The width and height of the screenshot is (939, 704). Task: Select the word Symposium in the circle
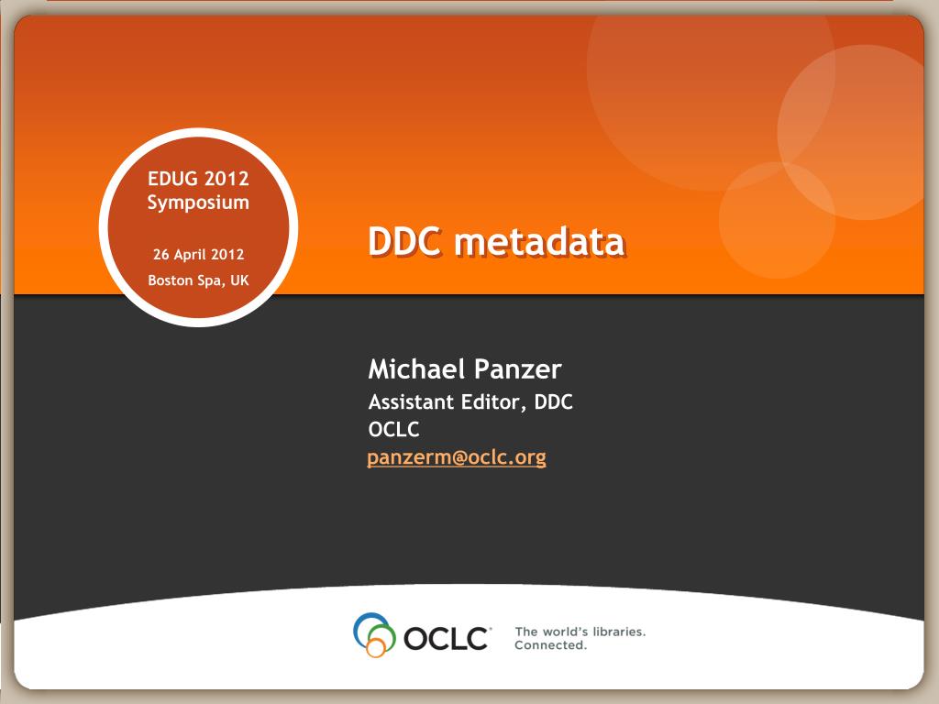pos(198,203)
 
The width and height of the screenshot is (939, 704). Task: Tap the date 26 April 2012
pos(198,255)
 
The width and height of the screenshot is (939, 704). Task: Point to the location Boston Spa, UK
pos(198,280)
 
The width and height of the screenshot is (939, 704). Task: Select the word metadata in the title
pos(539,241)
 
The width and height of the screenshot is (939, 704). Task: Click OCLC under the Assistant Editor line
pos(393,429)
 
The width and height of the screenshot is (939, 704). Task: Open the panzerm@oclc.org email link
pos(457,457)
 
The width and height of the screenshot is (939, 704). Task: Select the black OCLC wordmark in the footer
pos(447,639)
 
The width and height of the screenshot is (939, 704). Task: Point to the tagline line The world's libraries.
pos(580,632)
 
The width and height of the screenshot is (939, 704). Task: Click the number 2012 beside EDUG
pos(226,179)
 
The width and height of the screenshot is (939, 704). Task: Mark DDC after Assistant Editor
pos(553,401)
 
